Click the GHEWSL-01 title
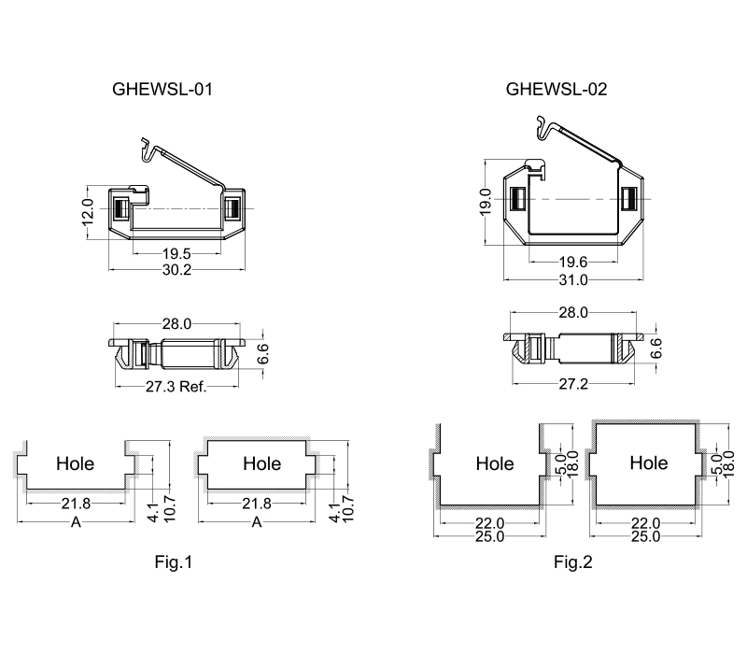point(162,89)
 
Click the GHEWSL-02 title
point(557,89)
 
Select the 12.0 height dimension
point(88,212)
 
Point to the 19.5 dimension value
point(176,253)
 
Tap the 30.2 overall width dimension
point(176,270)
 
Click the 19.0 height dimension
point(486,202)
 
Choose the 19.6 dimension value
point(573,262)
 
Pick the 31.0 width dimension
point(573,279)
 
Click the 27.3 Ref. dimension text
point(176,386)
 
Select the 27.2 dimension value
point(573,384)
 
